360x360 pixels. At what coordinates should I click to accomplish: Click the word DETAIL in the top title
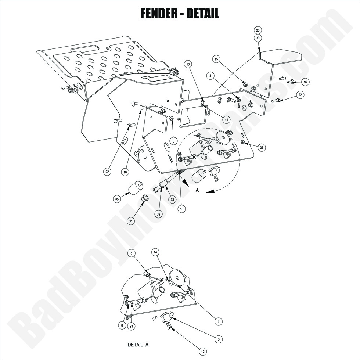coord(202,14)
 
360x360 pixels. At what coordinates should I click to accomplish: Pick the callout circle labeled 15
coord(216,59)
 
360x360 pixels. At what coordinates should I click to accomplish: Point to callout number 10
coord(188,64)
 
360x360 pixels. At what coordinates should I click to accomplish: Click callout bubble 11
coord(226,119)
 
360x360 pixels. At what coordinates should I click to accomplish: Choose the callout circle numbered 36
coord(262,147)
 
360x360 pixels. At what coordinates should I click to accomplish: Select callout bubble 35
coord(117,199)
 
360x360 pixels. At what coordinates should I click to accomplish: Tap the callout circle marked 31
coord(131,221)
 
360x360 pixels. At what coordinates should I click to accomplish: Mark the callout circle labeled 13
coord(181,208)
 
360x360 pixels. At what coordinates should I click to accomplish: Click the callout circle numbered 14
coord(156,252)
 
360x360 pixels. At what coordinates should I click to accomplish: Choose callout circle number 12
coord(202,352)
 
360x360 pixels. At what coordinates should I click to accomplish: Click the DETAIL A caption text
coord(138,345)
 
